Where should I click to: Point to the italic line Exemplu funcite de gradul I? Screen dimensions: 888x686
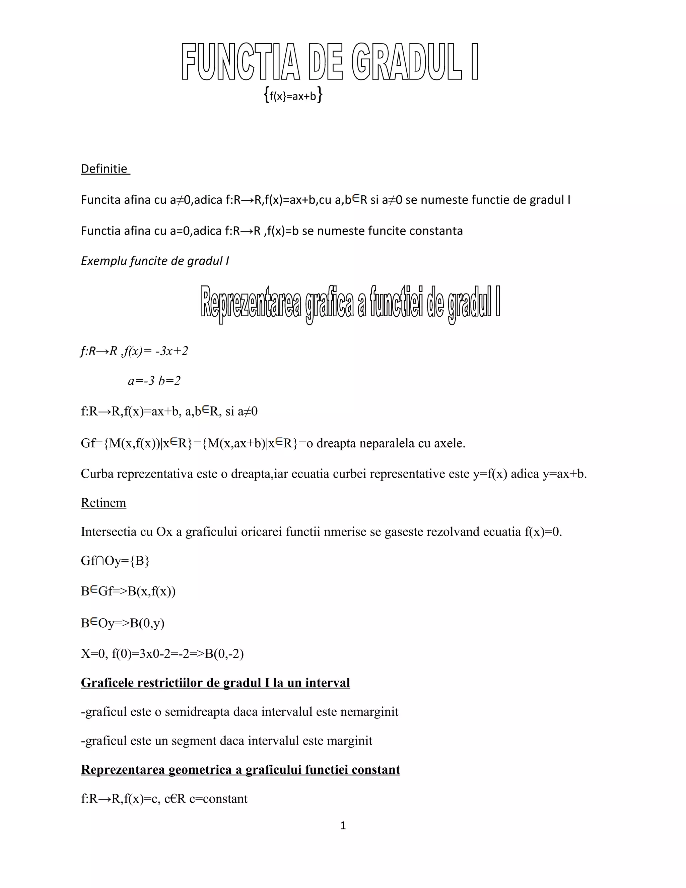(x=155, y=261)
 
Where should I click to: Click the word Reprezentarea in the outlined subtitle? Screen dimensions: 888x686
(x=251, y=303)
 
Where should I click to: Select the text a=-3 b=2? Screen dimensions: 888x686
(x=154, y=381)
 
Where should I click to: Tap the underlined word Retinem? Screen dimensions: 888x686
(x=104, y=503)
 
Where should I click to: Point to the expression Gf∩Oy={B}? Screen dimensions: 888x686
(x=116, y=561)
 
